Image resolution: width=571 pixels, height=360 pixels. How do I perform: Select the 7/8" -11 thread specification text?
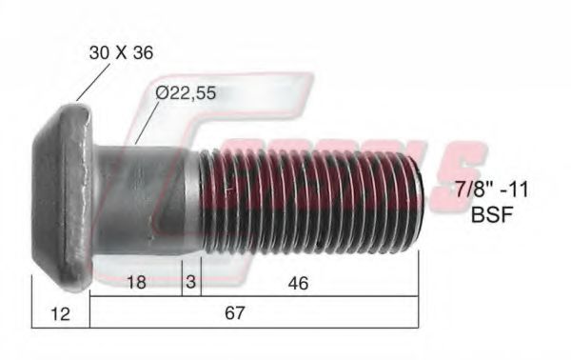(x=492, y=190)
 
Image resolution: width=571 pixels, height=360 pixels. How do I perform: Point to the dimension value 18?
(x=135, y=282)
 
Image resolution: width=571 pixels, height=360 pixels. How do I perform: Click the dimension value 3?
(x=191, y=282)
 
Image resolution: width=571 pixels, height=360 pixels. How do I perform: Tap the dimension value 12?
(x=60, y=313)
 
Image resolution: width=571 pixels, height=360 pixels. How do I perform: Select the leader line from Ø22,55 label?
(x=147, y=125)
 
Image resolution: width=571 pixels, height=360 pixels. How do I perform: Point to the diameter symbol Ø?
(x=161, y=93)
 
